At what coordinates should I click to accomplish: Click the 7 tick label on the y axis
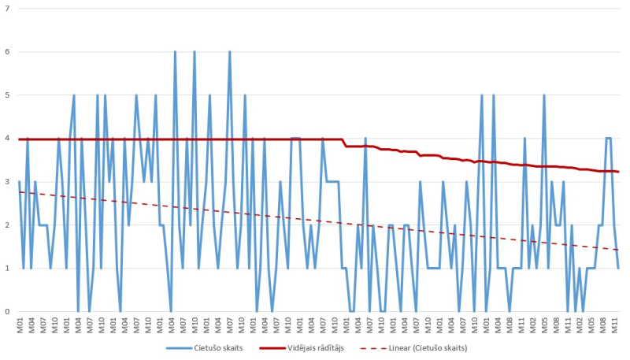click(x=7, y=9)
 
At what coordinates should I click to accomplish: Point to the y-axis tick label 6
click(x=7, y=52)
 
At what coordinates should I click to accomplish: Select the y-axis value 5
click(x=7, y=95)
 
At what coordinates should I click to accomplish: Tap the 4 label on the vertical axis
click(x=7, y=139)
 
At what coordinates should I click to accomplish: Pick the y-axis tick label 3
click(x=7, y=182)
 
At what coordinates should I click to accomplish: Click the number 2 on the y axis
click(x=7, y=225)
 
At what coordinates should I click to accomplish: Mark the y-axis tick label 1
click(x=7, y=269)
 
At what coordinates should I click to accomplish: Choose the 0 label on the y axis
click(x=7, y=312)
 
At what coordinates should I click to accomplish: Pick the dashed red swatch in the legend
click(x=374, y=347)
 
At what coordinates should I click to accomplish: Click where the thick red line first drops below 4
click(x=345, y=144)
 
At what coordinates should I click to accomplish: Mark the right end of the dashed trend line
click(x=619, y=250)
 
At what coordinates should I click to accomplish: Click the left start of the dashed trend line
click(x=19, y=192)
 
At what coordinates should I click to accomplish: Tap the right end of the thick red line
click(x=619, y=172)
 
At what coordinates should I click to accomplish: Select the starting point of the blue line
click(x=19, y=182)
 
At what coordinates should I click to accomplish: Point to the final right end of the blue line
click(x=619, y=269)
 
